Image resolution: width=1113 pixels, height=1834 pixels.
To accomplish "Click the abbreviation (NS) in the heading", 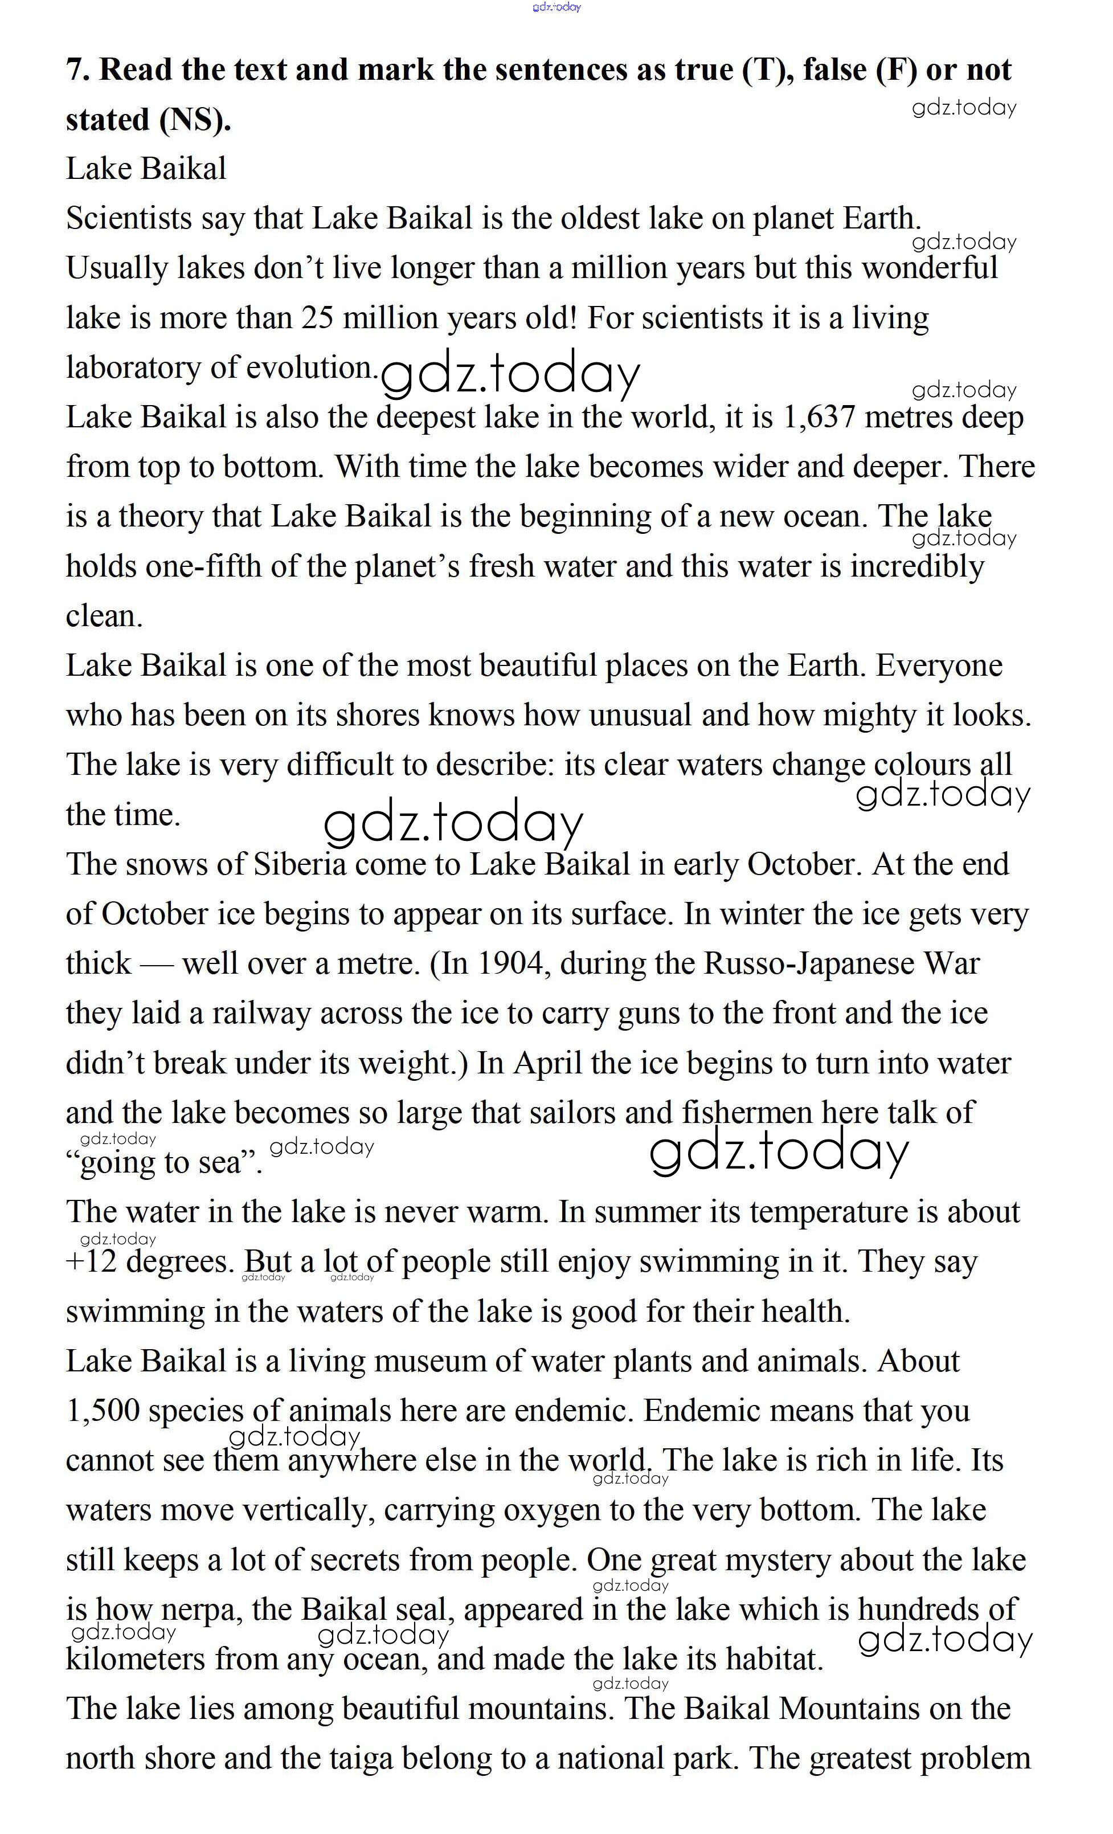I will click(195, 120).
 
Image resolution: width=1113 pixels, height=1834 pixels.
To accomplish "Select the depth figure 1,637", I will click(819, 418).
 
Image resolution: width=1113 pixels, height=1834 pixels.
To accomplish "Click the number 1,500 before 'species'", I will click(103, 1411).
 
